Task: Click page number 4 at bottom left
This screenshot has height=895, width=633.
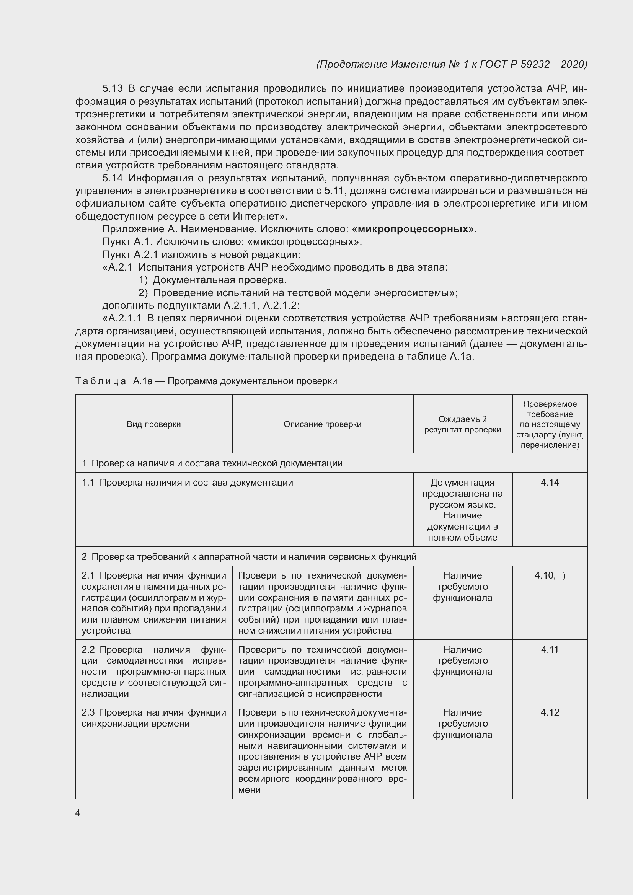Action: [x=78, y=813]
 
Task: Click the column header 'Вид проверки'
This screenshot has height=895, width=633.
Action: [x=153, y=424]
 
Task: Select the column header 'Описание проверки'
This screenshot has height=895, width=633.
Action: [x=322, y=424]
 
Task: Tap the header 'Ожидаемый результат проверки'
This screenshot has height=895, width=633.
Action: [x=462, y=424]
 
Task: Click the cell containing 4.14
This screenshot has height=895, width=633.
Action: [x=550, y=482]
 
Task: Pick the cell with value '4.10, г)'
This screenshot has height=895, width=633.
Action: [x=550, y=575]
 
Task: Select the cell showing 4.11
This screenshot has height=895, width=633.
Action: [x=550, y=649]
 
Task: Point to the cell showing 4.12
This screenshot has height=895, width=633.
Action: [x=550, y=712]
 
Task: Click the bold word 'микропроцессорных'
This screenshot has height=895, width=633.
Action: [x=413, y=229]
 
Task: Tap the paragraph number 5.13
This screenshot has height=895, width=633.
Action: [x=112, y=89]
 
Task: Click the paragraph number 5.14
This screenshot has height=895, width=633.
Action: [x=112, y=178]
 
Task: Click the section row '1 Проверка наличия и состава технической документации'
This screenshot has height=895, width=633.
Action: [x=212, y=463]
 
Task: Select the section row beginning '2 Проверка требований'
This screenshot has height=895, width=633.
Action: [x=250, y=557]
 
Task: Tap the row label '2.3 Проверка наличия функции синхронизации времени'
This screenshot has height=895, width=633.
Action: [x=153, y=717]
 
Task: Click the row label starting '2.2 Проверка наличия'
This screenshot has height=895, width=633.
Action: [x=153, y=671]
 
